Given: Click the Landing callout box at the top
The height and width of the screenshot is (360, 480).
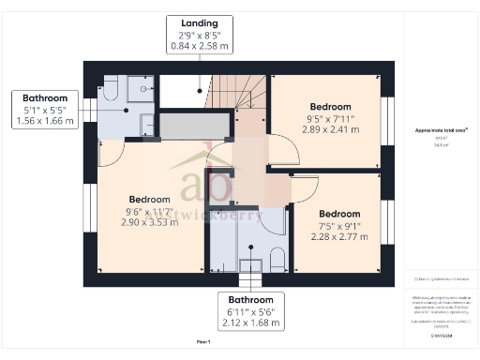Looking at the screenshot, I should [201, 33].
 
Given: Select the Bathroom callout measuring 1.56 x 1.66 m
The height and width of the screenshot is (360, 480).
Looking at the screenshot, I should [44, 110].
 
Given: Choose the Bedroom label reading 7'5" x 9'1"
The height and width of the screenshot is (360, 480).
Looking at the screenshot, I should [338, 226].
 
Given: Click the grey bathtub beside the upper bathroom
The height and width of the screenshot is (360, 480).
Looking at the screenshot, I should [194, 126].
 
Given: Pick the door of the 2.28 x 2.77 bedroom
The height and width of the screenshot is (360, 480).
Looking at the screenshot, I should [303, 191].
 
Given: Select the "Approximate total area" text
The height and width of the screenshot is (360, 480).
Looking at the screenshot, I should [441, 130].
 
